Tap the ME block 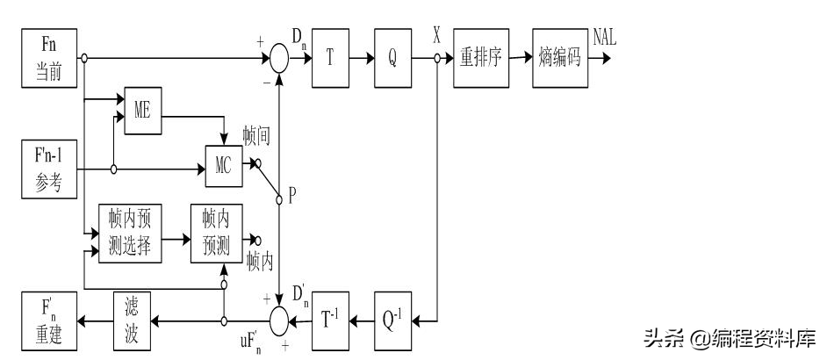pyautogui.click(x=143, y=110)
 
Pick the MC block pyautogui.click(x=222, y=167)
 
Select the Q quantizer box pyautogui.click(x=393, y=58)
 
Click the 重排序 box pyautogui.click(x=482, y=58)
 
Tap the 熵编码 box pyautogui.click(x=558, y=58)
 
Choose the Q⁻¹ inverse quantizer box pyautogui.click(x=393, y=321)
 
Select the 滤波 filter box pyautogui.click(x=136, y=320)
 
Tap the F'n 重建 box pyautogui.click(x=50, y=320)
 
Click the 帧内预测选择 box pyautogui.click(x=129, y=234)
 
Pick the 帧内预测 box pyautogui.click(x=216, y=234)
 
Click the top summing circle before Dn pyautogui.click(x=279, y=59)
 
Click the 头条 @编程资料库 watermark pyautogui.click(x=730, y=337)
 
